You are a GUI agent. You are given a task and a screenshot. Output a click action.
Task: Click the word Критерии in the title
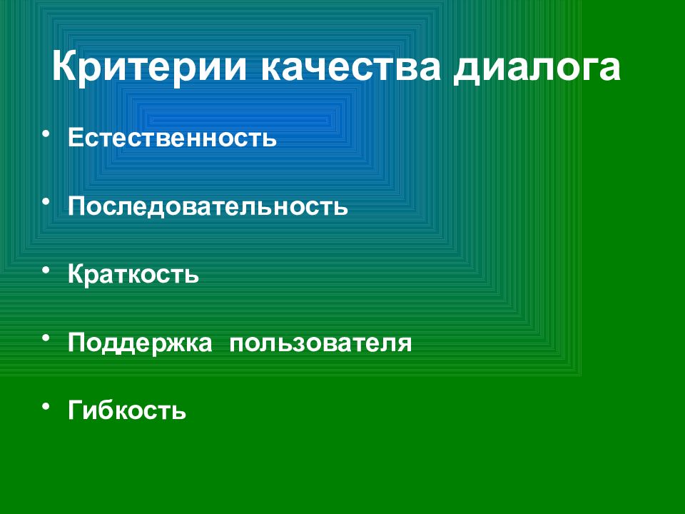[149, 66]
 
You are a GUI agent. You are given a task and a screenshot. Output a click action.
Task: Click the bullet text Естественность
[172, 137]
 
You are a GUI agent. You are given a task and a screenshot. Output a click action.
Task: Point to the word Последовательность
[208, 206]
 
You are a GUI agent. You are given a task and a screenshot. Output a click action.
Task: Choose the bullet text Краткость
[133, 273]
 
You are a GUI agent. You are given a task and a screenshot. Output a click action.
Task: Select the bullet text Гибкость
[127, 410]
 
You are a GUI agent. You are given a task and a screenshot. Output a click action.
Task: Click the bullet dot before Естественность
[46, 133]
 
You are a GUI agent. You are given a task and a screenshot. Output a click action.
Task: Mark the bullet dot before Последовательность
[46, 201]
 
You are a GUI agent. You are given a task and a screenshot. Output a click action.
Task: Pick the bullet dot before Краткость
[46, 270]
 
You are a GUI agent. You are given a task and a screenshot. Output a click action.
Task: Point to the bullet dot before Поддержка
[46, 338]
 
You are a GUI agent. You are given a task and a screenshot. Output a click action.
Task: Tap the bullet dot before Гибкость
[46, 406]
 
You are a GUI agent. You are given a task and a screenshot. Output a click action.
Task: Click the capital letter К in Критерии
[66, 66]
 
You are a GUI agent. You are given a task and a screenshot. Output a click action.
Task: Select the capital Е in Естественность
[76, 137]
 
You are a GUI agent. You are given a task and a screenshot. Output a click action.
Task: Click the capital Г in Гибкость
[76, 410]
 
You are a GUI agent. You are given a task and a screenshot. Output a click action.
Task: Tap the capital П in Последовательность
[77, 206]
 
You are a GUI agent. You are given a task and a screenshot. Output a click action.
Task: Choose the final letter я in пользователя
[404, 344]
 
